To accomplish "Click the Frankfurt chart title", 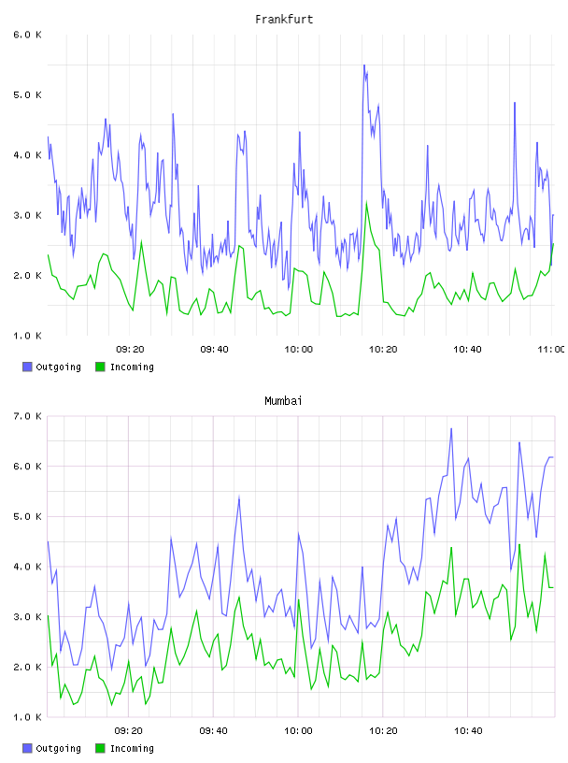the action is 284,20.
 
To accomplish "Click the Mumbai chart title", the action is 283,401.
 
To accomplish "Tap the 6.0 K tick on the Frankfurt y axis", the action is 27,35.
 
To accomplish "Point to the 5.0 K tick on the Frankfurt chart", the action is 27,94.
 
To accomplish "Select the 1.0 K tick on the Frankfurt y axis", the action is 27,336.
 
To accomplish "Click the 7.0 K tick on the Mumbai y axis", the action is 27,416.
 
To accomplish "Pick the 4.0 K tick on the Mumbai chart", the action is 27,567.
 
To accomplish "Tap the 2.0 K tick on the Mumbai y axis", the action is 27,667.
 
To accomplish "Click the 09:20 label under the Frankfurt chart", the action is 130,350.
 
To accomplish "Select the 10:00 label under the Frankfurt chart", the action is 299,350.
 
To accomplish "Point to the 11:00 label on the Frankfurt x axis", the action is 551,350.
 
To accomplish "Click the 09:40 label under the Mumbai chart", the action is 214,731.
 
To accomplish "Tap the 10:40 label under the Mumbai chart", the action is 468,731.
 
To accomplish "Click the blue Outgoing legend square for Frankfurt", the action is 27,367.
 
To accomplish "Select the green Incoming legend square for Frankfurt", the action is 100,367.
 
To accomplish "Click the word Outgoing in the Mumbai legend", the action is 58,748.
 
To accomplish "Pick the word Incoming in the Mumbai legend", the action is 132,748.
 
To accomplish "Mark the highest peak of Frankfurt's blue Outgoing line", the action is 363,65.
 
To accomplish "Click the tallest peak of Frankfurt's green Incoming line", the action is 366,201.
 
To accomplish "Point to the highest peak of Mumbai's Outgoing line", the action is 451,428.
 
